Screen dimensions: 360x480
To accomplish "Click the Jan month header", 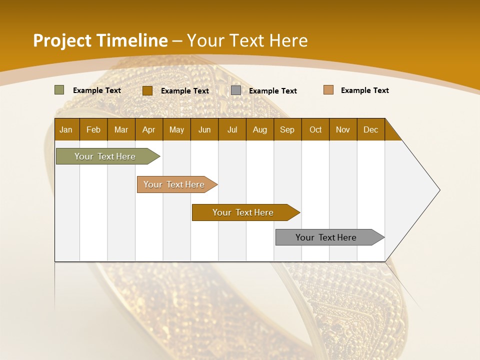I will coord(66,129).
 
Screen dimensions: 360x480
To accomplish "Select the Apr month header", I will coord(148,129).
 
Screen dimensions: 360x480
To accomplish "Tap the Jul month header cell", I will coord(232,129).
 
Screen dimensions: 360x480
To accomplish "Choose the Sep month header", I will coord(287,129).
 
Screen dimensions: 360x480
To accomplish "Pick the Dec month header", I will coord(370,129).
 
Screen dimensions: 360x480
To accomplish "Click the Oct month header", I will coord(315,129).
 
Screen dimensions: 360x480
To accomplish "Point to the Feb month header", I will coord(93,129).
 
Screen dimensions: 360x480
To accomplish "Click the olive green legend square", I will coord(59,90).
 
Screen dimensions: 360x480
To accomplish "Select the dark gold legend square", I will coord(147,90).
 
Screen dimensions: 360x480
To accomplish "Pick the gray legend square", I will coord(236,90).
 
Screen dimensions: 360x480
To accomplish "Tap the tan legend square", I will coord(328,90).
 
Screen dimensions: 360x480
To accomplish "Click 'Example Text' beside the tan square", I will coord(364,90).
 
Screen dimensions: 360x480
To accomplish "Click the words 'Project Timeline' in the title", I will coord(100,40).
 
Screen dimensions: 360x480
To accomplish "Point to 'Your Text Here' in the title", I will coord(247,40).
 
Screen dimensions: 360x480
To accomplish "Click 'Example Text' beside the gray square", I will coord(272,91).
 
